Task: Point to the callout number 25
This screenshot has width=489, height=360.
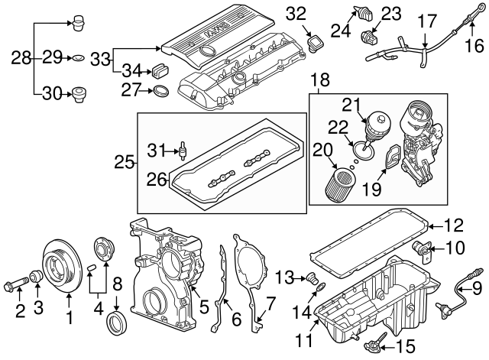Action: [x=123, y=161]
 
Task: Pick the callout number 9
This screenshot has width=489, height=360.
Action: [x=476, y=290]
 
